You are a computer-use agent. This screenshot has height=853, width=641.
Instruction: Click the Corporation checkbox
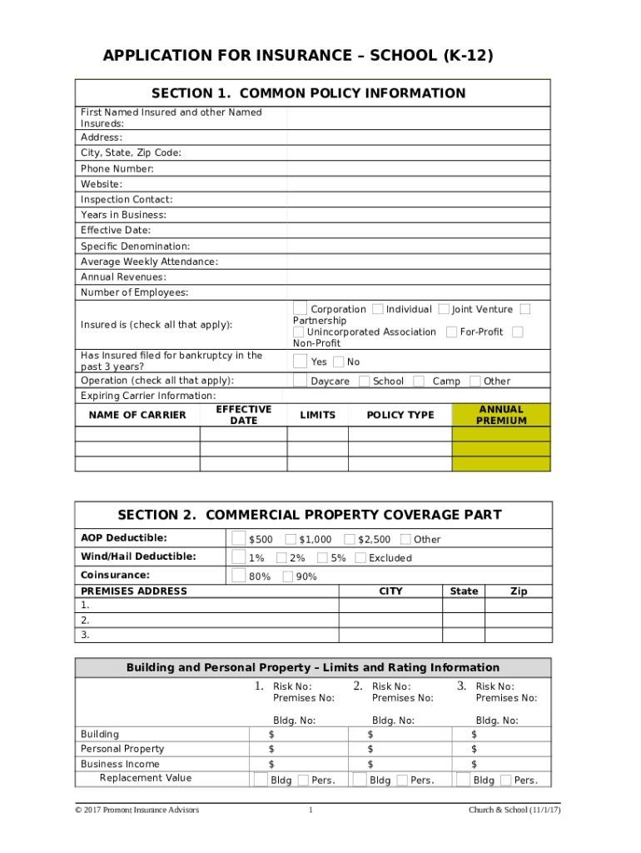pos(300,309)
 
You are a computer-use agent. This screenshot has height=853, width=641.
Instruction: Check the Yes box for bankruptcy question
pos(300,362)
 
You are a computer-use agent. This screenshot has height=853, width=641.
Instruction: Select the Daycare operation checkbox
pos(300,381)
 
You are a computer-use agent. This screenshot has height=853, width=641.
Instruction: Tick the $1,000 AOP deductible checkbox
pos(291,539)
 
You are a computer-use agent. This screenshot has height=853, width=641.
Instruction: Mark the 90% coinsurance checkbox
pos(288,576)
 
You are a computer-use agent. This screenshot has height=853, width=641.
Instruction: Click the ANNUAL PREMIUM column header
pos(500,415)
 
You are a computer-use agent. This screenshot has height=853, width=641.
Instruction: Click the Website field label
pos(102,184)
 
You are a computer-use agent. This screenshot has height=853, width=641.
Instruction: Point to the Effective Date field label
pos(116,230)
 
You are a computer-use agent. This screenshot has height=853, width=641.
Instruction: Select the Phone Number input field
pos(418,168)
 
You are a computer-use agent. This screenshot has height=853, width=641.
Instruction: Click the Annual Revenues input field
pos(418,277)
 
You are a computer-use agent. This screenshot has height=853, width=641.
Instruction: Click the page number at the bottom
pos(310,810)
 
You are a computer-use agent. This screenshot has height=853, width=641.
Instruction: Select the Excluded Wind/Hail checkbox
pos(361,557)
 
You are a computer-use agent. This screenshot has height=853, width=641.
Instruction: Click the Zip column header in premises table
pos(518,591)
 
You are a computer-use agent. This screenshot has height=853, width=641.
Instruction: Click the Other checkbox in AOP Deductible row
pos(405,539)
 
